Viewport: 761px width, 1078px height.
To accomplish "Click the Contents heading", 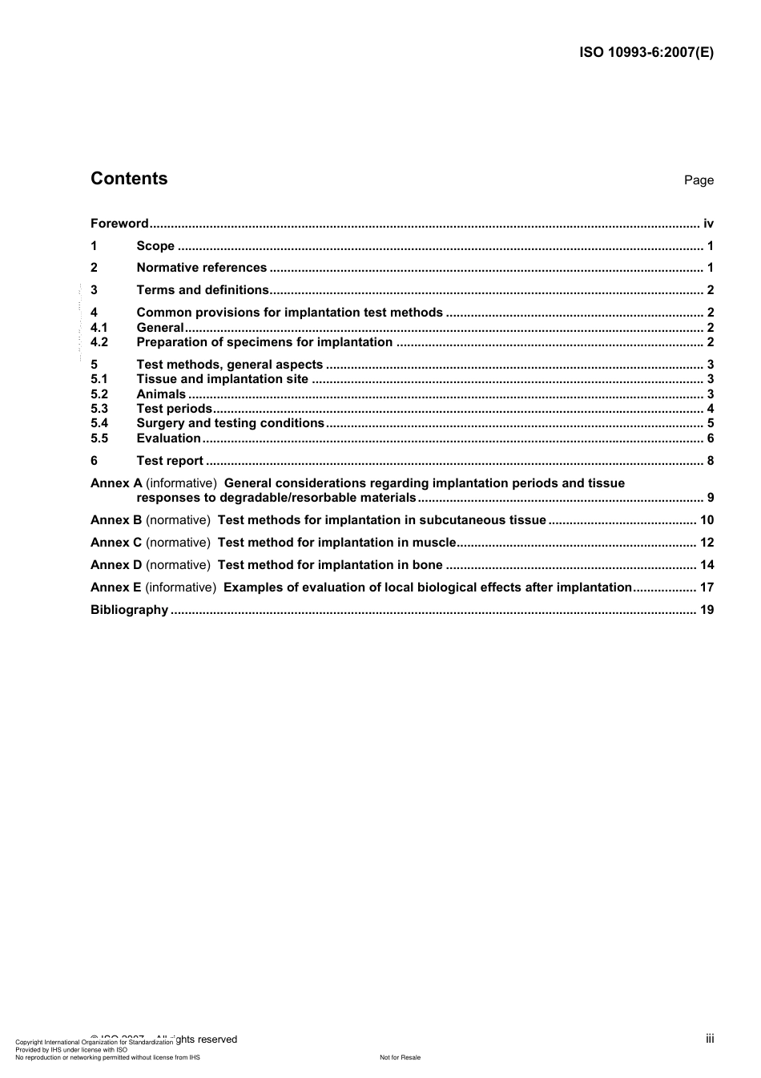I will [129, 179].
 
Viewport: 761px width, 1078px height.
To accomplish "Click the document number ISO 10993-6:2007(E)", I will [646, 53].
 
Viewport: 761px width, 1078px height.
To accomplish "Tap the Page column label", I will [699, 180].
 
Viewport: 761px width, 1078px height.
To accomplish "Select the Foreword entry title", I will [119, 224].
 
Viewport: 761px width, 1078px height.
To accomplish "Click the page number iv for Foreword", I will [708, 224].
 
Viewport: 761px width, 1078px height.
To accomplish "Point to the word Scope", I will [155, 246].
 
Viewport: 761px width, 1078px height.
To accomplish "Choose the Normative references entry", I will [201, 268].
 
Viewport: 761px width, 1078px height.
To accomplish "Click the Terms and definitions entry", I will [203, 290].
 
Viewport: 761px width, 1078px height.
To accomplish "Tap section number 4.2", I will [99, 342].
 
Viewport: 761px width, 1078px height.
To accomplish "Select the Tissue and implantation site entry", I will [222, 379].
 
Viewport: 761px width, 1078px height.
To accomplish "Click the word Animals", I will [161, 394].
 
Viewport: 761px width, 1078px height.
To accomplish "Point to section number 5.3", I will [99, 409].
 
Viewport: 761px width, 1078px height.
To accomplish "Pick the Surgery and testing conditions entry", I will [230, 423].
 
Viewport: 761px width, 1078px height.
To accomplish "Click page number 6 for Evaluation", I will [710, 438].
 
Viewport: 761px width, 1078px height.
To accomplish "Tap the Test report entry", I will [170, 461].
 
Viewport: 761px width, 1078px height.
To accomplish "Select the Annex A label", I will [116, 483].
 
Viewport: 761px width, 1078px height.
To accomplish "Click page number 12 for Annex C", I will [707, 543].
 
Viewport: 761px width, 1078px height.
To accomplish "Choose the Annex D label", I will [116, 565].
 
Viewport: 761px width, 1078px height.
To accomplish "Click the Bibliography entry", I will [129, 610].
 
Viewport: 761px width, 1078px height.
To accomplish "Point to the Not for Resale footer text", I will [400, 1057].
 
